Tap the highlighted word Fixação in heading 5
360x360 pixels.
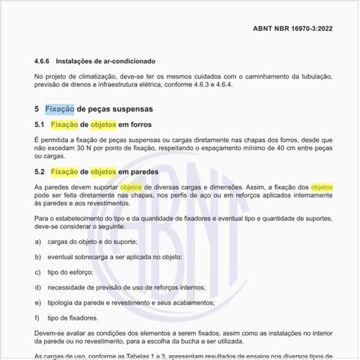point(59,109)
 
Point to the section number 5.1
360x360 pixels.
point(40,125)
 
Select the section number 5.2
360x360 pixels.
point(40,172)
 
